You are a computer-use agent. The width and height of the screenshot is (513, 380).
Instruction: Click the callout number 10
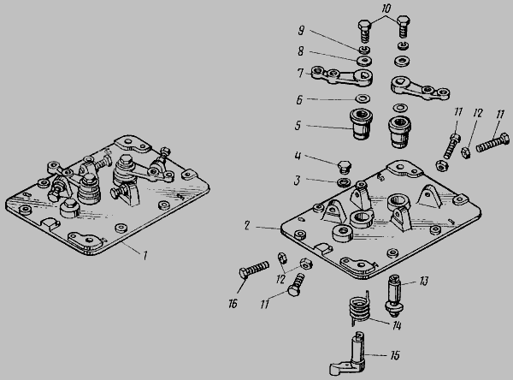(386, 9)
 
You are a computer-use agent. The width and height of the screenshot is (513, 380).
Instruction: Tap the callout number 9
(301, 31)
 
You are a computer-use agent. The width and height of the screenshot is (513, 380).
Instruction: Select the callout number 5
(298, 126)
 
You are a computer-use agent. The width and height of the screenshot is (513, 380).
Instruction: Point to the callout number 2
(247, 225)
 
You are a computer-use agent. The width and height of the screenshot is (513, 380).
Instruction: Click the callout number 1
(144, 256)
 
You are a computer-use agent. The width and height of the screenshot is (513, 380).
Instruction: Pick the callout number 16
(233, 304)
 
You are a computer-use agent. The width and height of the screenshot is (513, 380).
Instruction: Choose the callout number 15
(395, 355)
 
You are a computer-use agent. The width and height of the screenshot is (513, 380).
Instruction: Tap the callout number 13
(424, 281)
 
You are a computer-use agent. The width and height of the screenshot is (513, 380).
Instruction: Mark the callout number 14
(397, 325)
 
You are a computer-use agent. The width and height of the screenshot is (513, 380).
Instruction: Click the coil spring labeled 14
(360, 311)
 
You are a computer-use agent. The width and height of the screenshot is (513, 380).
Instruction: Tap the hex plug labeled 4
(344, 167)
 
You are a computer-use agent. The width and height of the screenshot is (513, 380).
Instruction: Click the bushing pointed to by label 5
(362, 124)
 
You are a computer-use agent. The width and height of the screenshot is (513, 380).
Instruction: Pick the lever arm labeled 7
(342, 77)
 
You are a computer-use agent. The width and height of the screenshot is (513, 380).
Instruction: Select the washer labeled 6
(363, 98)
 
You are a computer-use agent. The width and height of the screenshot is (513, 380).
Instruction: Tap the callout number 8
(301, 51)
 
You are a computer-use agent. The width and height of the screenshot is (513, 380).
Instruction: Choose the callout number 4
(298, 155)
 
